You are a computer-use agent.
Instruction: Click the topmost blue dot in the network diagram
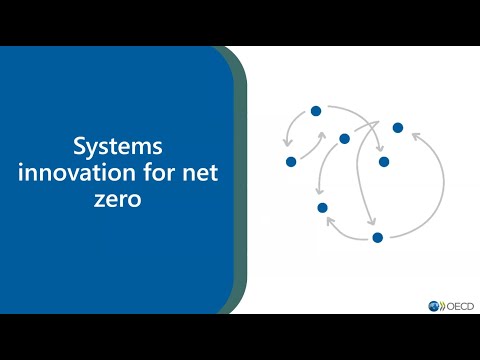point(315,110)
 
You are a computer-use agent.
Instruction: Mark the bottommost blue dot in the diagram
point(377,237)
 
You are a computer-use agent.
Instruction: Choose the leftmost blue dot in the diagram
point(291,161)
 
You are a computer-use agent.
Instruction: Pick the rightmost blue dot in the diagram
point(398,127)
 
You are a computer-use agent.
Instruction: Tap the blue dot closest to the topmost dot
point(344,138)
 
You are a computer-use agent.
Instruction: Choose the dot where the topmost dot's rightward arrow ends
point(382,160)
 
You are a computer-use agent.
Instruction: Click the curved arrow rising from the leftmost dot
point(308,145)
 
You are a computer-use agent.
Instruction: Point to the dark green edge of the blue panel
point(242,180)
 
